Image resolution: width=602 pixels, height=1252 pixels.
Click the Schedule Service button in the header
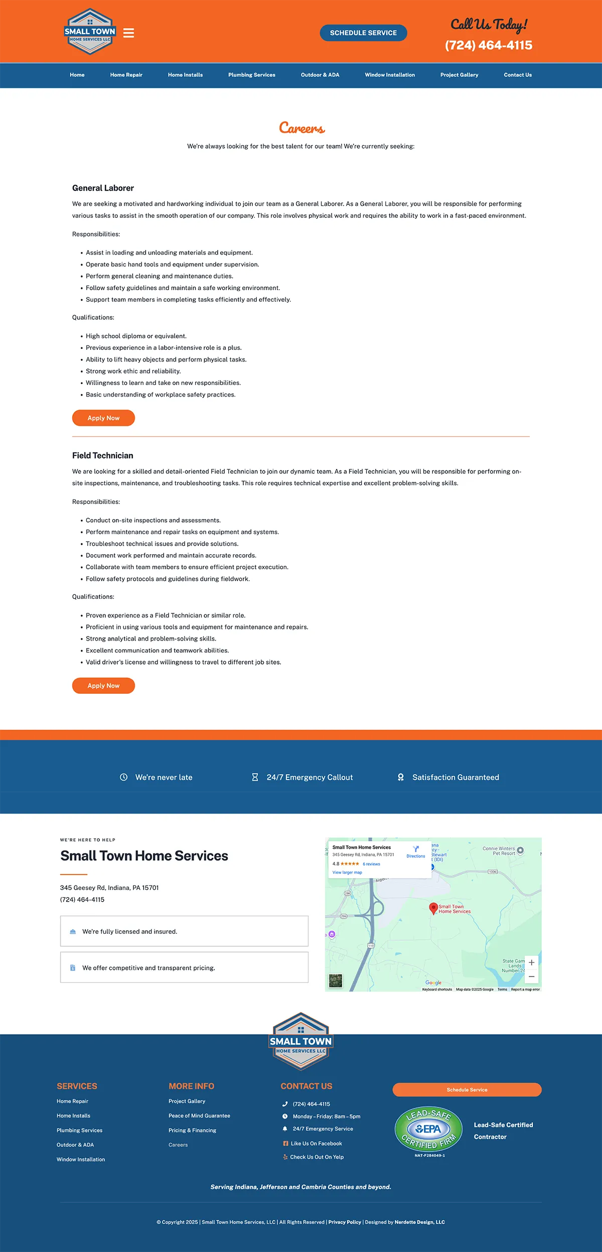(x=363, y=33)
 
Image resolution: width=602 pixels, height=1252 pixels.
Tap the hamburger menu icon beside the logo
(x=128, y=33)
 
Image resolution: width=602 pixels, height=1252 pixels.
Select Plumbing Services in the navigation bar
(x=251, y=75)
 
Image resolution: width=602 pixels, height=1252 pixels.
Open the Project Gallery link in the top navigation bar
(x=459, y=75)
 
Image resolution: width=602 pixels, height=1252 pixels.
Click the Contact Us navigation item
(x=517, y=75)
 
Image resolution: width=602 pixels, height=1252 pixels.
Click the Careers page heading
(x=302, y=128)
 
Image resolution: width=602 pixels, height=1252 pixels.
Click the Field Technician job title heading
(x=103, y=455)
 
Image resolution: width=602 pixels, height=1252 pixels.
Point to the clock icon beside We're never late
(x=123, y=777)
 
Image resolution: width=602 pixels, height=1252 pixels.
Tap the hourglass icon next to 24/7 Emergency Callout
(x=255, y=777)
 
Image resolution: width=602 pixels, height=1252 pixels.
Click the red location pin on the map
(x=433, y=908)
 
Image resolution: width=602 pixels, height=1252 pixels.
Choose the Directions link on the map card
(x=415, y=852)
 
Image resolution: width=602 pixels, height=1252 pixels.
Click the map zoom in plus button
(x=531, y=962)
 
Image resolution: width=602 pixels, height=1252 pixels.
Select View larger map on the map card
(x=347, y=872)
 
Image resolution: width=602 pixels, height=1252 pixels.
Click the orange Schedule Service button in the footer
(x=467, y=1090)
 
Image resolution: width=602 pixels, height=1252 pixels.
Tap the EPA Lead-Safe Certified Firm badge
(x=428, y=1130)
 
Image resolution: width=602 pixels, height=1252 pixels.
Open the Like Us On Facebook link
(x=316, y=1144)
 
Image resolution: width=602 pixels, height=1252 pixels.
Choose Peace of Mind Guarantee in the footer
(x=199, y=1115)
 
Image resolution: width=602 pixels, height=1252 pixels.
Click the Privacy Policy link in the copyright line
(x=345, y=1222)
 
